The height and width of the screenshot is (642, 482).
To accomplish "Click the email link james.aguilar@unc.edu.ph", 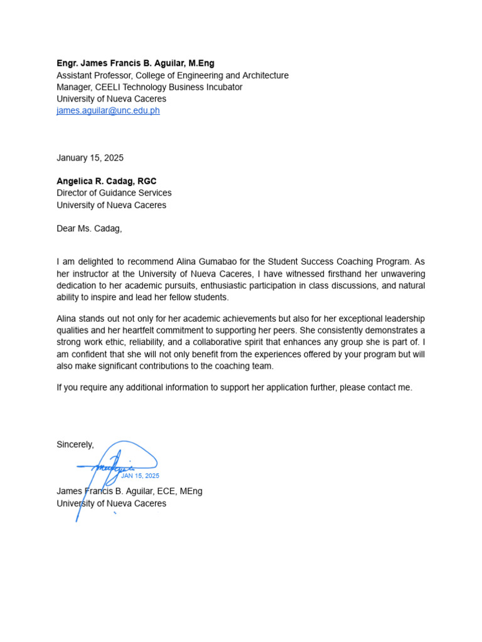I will click(x=108, y=111).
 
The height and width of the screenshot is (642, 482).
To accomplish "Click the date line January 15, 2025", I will click(x=90, y=158).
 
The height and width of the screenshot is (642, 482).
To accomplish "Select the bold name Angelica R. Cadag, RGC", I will click(x=106, y=181).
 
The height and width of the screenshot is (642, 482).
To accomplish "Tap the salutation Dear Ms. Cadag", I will click(x=89, y=229).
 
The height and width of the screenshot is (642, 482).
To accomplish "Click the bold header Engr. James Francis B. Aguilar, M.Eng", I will click(x=135, y=63).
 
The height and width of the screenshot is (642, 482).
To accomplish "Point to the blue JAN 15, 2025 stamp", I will click(x=140, y=476).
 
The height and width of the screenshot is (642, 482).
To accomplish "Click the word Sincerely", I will click(x=75, y=445).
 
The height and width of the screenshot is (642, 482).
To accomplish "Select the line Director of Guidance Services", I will click(x=114, y=193).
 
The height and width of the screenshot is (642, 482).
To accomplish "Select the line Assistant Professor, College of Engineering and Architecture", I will click(x=173, y=75).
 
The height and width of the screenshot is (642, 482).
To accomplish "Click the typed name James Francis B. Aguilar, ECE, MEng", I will click(x=129, y=492).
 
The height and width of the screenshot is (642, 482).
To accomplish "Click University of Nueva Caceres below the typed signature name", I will click(x=111, y=503).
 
